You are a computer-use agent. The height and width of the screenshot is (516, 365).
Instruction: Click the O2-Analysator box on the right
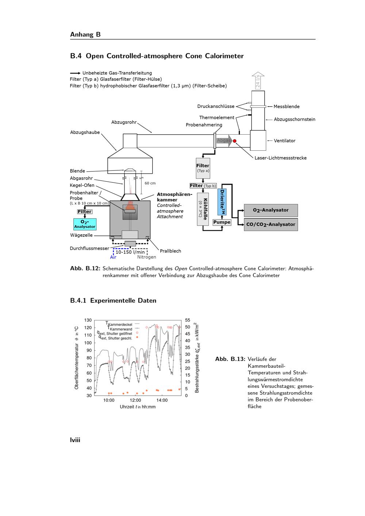[x=271, y=210]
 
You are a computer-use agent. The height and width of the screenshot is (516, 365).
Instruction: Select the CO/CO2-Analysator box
[x=271, y=224]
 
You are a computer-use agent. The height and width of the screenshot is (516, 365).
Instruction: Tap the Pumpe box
[x=222, y=222]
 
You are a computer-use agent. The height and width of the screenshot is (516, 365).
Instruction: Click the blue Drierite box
[x=222, y=202]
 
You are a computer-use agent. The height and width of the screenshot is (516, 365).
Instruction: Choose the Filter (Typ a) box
[x=203, y=168]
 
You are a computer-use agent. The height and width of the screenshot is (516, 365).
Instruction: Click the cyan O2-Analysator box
[x=85, y=224]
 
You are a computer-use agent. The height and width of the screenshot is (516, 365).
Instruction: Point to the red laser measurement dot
[x=235, y=141]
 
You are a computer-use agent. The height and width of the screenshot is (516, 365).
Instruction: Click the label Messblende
[x=287, y=107]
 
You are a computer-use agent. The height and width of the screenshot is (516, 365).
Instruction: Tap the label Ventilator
[x=285, y=140]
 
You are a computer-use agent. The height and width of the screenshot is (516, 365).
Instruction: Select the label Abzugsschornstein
[x=295, y=119]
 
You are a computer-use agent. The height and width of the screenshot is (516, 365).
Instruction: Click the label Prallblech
[x=170, y=251]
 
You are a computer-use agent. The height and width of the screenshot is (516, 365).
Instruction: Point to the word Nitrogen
[x=147, y=257]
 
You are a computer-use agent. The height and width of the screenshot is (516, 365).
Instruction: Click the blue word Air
[x=113, y=257]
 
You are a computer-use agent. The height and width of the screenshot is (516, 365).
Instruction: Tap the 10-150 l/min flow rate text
[x=130, y=252]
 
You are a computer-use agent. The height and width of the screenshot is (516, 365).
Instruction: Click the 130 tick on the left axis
[x=88, y=320]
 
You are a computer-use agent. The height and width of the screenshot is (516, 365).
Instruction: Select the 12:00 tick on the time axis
[x=135, y=400]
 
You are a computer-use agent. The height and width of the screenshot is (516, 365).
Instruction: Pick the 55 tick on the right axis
[x=188, y=320]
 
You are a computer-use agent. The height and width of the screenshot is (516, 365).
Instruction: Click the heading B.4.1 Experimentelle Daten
[x=113, y=301]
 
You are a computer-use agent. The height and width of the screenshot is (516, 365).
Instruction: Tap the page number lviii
[x=75, y=440]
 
